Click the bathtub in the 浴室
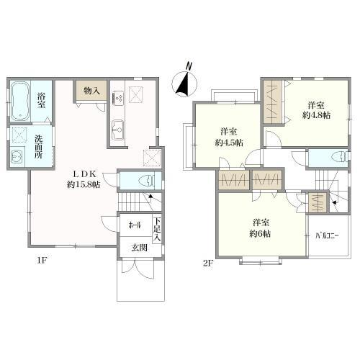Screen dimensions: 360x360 click(x=21, y=102)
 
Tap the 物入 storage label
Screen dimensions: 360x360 click(x=91, y=91)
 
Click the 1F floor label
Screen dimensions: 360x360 click(x=42, y=261)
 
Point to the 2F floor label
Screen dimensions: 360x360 click(x=208, y=264)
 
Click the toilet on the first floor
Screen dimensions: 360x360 click(x=147, y=181)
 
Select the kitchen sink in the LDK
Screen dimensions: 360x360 click(x=117, y=129)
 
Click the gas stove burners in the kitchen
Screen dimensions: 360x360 click(x=118, y=98)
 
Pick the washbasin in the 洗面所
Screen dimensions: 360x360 click(x=17, y=157)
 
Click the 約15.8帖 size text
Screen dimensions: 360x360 click(x=84, y=184)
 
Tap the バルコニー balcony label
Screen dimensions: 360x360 click(x=327, y=236)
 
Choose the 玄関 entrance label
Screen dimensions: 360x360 click(x=139, y=248)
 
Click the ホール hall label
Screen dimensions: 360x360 click(x=135, y=225)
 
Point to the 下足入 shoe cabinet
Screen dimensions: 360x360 click(x=157, y=229)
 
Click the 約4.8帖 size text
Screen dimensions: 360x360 click(x=316, y=115)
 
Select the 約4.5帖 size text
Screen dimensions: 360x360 click(x=229, y=143)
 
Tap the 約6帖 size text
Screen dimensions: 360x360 click(x=260, y=233)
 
